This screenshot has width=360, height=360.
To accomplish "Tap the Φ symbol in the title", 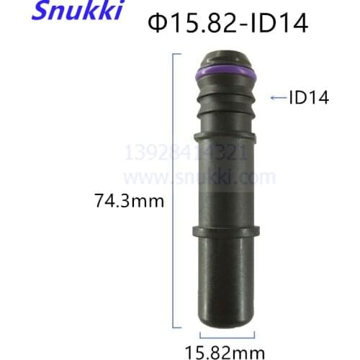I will point(158,24).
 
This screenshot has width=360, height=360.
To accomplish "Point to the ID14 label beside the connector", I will point(309,98).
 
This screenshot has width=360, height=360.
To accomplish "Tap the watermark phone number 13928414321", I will point(186,153).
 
